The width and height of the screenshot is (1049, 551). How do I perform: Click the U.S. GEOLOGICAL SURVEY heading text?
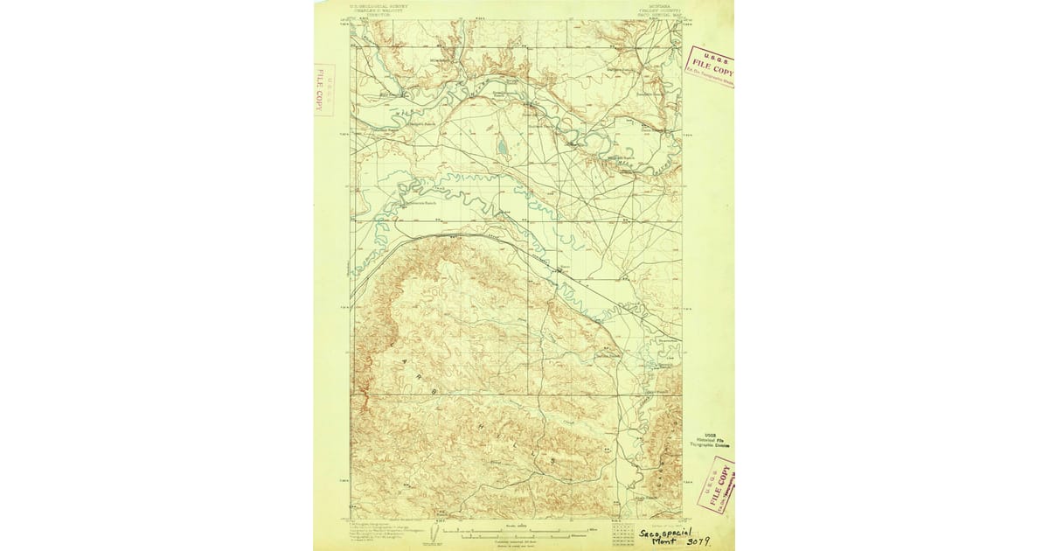point(377,5)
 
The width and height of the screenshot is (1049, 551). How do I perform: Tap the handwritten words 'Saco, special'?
point(663,532)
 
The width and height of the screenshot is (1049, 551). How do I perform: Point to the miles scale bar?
point(508,529)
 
